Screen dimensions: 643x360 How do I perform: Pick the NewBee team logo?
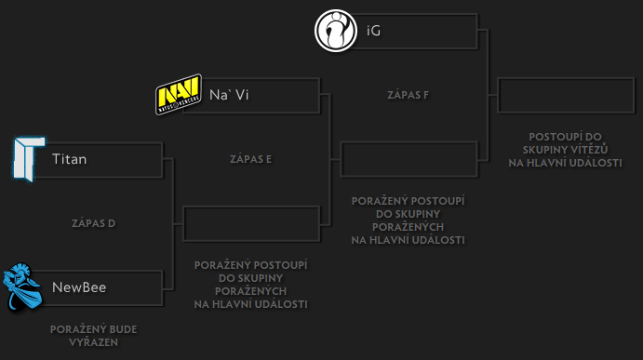[x=23, y=287]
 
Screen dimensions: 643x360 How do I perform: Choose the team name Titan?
[x=70, y=159]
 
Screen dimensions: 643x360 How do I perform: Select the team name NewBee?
[x=79, y=287]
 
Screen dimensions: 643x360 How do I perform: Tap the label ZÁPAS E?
[x=250, y=159]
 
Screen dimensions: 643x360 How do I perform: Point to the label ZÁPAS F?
[x=408, y=95]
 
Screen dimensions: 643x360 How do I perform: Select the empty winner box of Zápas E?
[x=409, y=159]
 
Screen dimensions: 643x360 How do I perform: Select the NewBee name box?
[x=102, y=287]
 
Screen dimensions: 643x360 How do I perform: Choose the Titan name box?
[x=102, y=159]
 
